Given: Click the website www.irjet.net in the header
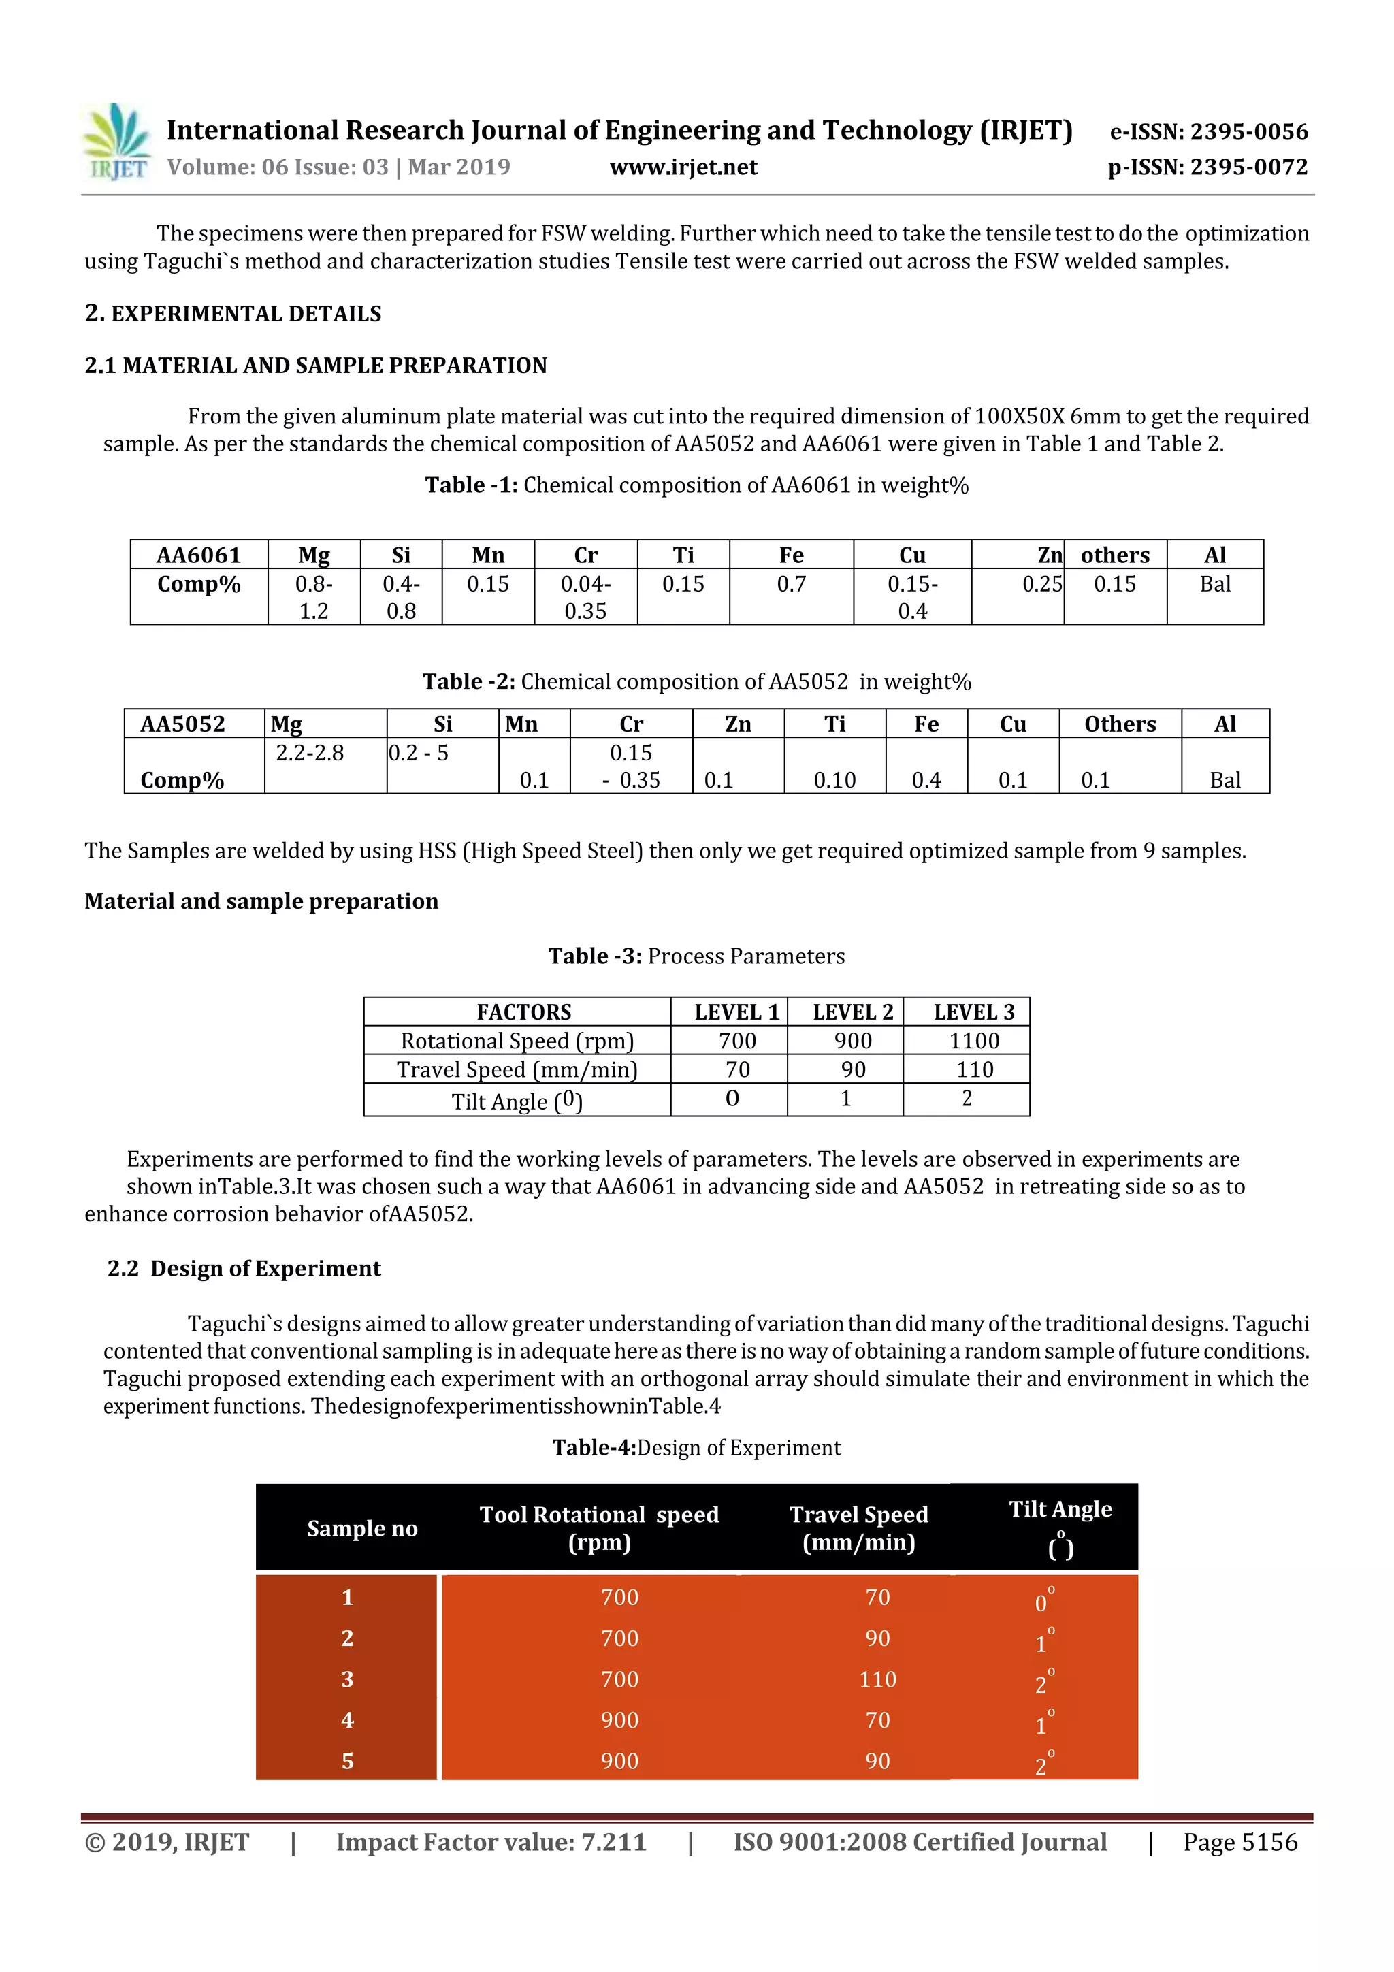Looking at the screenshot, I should pos(683,167).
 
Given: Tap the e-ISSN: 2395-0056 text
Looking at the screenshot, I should pos(1207,131).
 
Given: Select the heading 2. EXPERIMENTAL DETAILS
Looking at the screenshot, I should pos(233,314).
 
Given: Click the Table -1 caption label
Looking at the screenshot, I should pos(470,485).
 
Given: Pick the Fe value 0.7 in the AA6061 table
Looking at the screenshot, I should pos(790,584).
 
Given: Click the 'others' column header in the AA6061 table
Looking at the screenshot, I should pos(1114,555).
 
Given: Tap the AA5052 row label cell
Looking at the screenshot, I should pos(183,724).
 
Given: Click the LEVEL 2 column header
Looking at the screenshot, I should pos(852,1012).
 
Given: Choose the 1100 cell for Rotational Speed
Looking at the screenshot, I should pos(973,1040).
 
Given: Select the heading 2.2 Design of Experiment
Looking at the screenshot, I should pos(244,1269).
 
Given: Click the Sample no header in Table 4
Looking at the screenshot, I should pos(361,1528).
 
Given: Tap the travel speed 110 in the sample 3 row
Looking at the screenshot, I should pos(877,1679).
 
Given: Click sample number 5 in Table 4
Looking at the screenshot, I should pos(347,1761).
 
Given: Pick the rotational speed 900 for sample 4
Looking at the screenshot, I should pos(619,1719).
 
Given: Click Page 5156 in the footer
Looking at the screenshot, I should pos(1239,1842).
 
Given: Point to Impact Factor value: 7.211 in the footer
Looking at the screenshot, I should pos(491,1842).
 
